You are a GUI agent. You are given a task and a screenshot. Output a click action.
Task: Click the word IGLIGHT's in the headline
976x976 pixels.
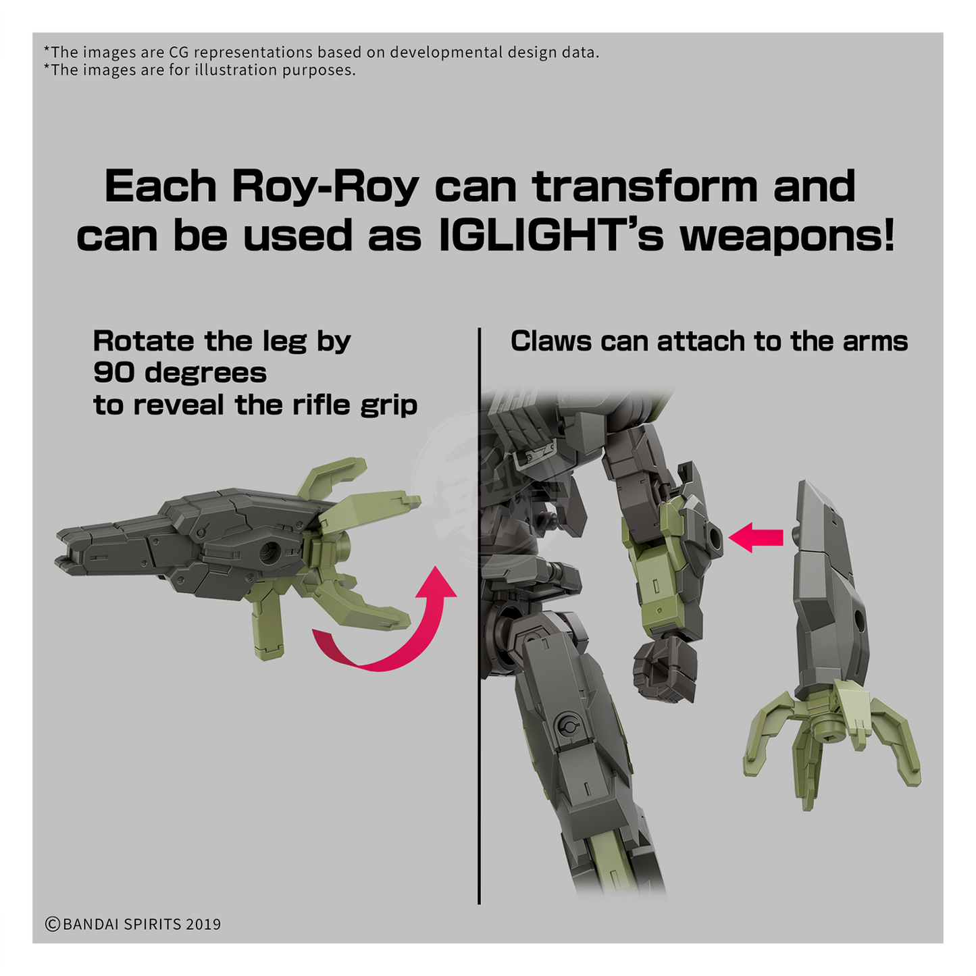(550, 236)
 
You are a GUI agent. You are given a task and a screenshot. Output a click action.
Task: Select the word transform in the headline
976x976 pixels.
(645, 186)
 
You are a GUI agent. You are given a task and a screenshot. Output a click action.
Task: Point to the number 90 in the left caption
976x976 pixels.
(114, 374)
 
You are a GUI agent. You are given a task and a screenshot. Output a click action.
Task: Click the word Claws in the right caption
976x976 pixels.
(550, 341)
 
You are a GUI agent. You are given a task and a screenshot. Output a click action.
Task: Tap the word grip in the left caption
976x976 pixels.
(388, 407)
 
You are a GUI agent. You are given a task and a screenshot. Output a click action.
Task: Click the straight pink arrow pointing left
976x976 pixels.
(756, 538)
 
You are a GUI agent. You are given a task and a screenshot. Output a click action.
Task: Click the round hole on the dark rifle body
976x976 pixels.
(270, 552)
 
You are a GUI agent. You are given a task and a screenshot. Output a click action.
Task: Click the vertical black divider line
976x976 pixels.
(479, 616)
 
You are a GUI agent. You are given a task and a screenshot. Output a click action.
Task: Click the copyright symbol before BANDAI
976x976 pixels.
(52, 925)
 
